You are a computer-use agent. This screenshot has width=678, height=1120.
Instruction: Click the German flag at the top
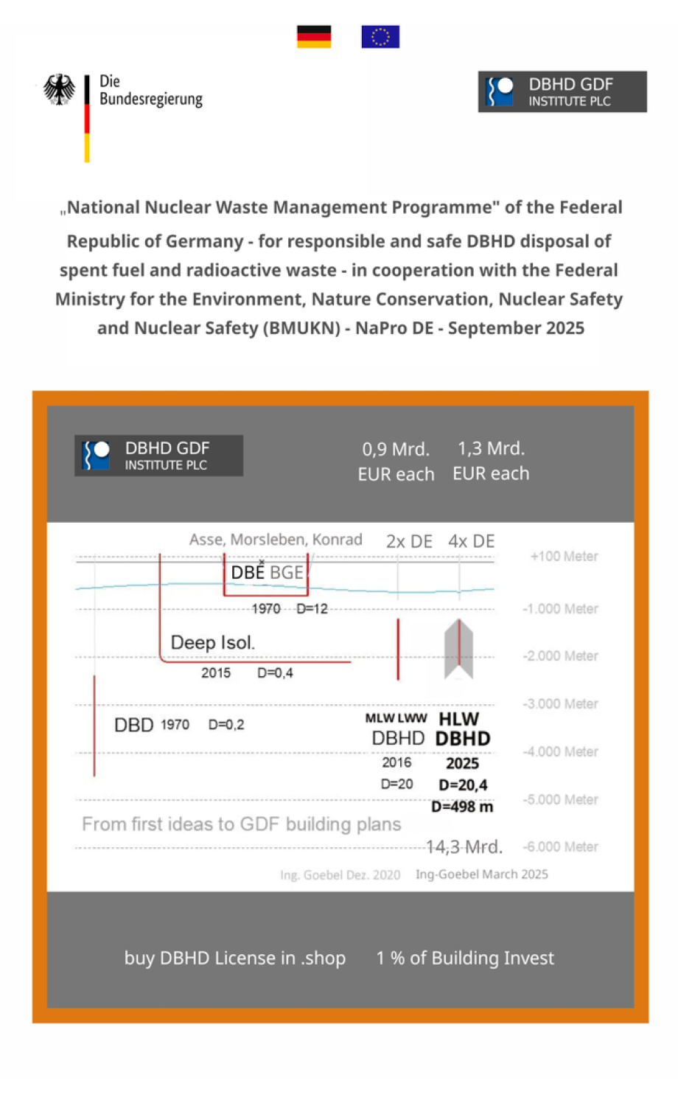click(314, 36)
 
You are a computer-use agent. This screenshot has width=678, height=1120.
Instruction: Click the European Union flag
click(380, 36)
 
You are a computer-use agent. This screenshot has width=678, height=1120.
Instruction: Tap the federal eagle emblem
click(59, 90)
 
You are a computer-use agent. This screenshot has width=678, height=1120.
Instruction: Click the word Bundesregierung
click(151, 99)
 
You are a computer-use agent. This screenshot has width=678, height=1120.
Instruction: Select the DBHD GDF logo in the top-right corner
click(562, 91)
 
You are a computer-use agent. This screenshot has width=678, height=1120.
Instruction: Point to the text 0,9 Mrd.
click(396, 449)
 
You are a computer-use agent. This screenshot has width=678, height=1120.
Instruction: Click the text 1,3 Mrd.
click(491, 448)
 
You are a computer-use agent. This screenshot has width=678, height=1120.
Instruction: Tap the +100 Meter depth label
click(564, 557)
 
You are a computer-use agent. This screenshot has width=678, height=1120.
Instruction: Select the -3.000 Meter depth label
click(560, 704)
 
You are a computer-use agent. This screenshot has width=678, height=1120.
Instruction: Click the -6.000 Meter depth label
click(560, 847)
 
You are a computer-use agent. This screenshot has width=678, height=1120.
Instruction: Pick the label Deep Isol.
click(213, 643)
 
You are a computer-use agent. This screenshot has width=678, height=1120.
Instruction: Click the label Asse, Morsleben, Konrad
click(276, 540)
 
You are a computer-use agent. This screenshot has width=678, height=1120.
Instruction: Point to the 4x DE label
click(472, 542)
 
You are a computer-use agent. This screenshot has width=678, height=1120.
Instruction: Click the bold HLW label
click(458, 719)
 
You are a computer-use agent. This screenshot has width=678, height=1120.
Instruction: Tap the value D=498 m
click(462, 807)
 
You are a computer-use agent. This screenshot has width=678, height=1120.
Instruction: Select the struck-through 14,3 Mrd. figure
click(464, 847)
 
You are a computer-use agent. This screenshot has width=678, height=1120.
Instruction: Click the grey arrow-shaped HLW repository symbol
click(458, 650)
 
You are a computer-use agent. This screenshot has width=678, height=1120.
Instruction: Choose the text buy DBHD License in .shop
click(235, 958)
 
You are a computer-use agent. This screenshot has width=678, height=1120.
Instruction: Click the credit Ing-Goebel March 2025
click(482, 874)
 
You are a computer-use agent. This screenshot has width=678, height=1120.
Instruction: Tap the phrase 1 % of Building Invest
click(465, 958)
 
